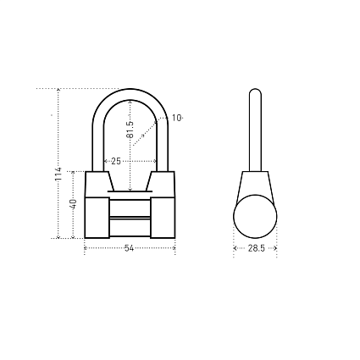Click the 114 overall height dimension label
click(58, 174)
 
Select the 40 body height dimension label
click(73, 204)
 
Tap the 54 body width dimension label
click(129, 248)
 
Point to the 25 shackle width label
click(116, 161)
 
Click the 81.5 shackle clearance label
click(130, 130)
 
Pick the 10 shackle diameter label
click(176, 118)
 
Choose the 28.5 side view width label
click(256, 248)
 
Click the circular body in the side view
click(255, 216)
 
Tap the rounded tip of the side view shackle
click(255, 91)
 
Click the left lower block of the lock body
click(97, 218)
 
